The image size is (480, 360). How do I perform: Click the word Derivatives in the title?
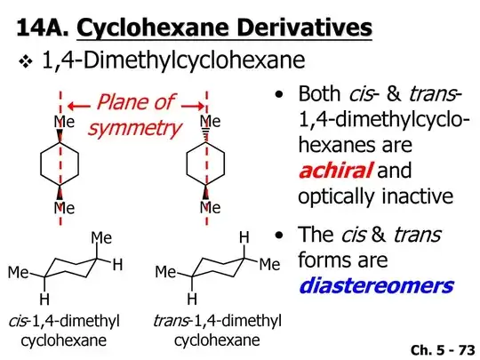[304, 28]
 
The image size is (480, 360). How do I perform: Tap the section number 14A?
[43, 28]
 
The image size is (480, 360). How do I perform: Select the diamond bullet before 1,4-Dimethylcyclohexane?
[26, 61]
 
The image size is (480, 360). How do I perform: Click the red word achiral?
[335, 171]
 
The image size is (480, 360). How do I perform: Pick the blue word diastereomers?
[376, 286]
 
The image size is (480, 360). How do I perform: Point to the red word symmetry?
[135, 128]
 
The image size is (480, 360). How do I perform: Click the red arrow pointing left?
[79, 107]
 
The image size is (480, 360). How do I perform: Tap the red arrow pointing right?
[193, 106]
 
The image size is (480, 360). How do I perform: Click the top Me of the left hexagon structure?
[64, 122]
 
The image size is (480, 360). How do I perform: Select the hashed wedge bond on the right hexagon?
[206, 135]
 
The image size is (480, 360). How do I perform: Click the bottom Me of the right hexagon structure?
[210, 208]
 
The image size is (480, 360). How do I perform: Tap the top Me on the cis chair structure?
[101, 238]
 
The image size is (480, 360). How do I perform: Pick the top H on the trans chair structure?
[244, 237]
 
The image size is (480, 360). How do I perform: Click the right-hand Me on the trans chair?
[269, 264]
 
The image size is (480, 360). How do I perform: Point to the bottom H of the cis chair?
[44, 299]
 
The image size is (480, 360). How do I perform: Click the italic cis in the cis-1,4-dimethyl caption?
[19, 321]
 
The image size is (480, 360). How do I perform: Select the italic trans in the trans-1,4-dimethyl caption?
[171, 321]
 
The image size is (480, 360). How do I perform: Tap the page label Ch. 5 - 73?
[443, 350]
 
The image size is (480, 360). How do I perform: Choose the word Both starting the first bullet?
[319, 93]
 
